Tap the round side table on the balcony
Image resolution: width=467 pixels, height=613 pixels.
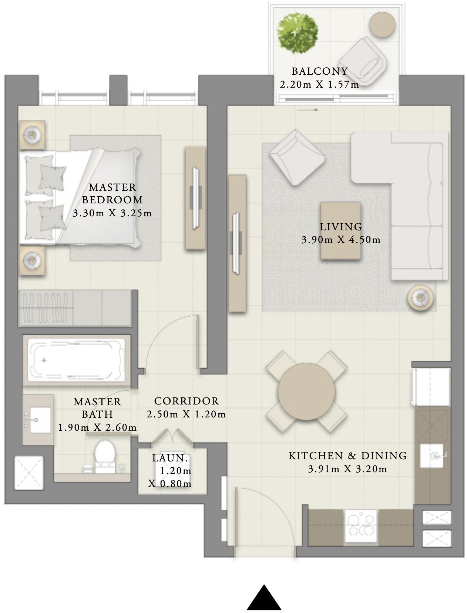coord(383,24)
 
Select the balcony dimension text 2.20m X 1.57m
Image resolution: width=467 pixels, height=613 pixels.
coord(319,85)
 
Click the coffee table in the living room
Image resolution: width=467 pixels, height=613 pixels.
coord(341,231)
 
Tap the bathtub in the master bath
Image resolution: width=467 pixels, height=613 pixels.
coord(77,359)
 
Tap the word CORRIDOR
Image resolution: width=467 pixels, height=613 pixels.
coord(186,401)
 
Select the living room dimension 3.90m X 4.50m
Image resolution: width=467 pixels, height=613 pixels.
coord(341,240)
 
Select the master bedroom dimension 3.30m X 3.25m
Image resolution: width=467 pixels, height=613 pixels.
coord(112,213)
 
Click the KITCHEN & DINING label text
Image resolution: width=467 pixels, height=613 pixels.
coord(347,455)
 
